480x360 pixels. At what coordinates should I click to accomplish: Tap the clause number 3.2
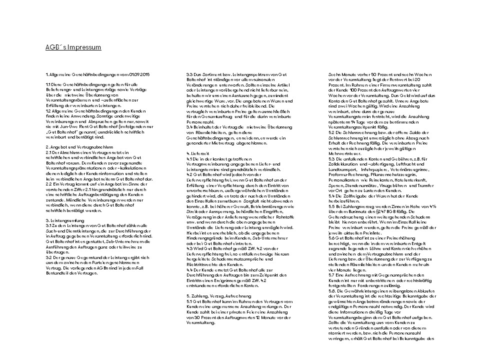click(x=48, y=257)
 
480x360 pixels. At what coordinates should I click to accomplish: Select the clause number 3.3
click(x=189, y=74)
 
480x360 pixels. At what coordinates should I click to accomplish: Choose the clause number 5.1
click(x=189, y=301)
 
